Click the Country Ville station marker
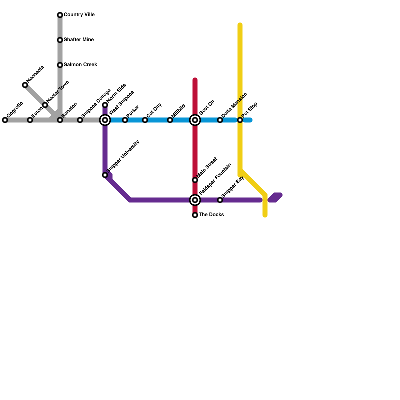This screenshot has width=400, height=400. pos(60,15)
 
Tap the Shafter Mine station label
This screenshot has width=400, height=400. pos(79,40)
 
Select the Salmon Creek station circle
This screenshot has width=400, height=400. pos(60,65)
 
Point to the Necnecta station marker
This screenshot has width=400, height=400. pos(25,85)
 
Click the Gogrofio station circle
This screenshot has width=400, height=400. pos(5,120)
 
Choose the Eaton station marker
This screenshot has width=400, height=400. pos(30,120)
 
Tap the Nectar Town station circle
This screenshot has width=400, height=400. pos(45,105)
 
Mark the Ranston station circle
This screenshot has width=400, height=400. pos(60,120)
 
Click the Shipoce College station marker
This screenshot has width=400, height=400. pos(80,120)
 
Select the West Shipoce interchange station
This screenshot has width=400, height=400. pos(105,120)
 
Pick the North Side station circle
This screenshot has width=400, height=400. pos(105,105)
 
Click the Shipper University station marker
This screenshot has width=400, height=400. pos(105,175)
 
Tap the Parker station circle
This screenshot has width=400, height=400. pos(125,120)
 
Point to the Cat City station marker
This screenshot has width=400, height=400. pos(145,120)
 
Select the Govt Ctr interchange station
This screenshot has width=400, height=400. pos(195,120)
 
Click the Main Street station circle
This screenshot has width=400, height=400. pos(195,180)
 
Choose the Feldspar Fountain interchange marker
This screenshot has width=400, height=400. pos(195,200)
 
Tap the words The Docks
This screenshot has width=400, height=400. pos(211,215)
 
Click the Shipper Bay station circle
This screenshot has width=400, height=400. pos(220,200)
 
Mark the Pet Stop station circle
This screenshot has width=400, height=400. pos(240,120)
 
